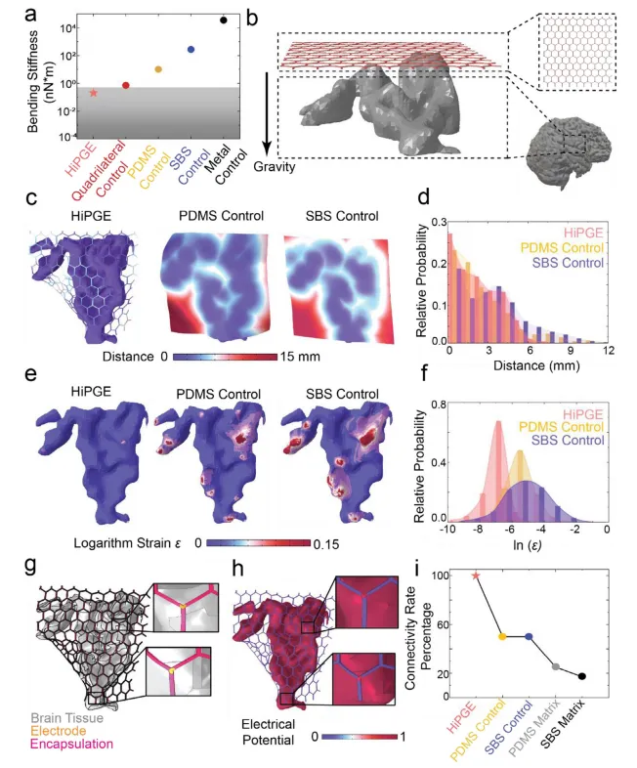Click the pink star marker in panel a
94,93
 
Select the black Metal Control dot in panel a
224,21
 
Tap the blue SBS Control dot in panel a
191,50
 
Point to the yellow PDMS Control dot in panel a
158,69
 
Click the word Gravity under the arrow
275,167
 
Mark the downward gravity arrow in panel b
267,113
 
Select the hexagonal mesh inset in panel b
576,52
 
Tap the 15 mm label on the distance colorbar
300,357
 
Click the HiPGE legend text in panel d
583,234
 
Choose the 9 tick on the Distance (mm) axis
570,351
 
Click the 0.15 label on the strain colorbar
326,544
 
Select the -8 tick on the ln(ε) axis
479,530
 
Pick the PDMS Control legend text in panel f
561,427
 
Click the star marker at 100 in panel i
476,576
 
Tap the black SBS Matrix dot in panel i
581,676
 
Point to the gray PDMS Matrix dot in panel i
556,667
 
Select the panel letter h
238,569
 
